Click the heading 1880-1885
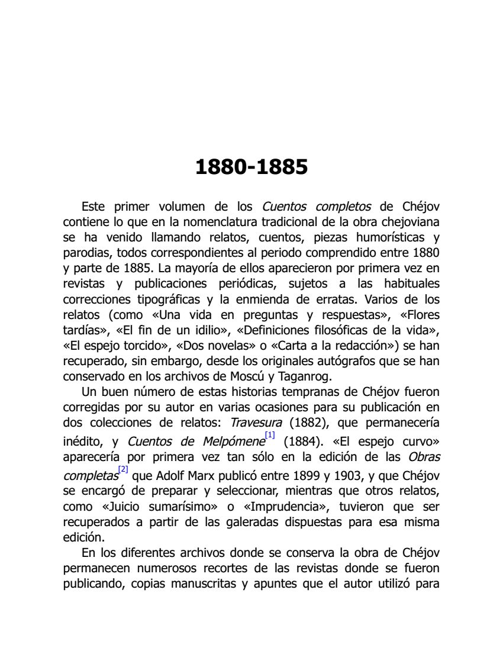coord(251,167)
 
